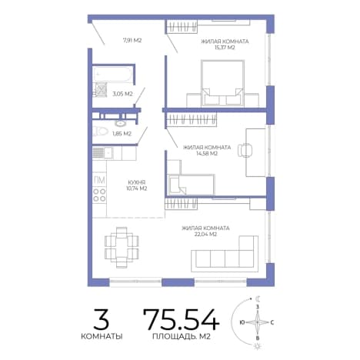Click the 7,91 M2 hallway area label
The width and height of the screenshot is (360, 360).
click(x=132, y=40)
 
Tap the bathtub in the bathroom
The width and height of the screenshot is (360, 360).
click(x=113, y=75)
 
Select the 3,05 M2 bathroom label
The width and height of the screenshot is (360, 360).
click(x=123, y=94)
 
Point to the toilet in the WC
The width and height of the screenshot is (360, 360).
click(x=100, y=132)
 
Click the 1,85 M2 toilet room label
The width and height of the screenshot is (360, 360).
click(x=122, y=134)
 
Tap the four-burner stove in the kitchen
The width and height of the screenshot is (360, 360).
click(x=99, y=195)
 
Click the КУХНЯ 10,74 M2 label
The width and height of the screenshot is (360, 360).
click(x=137, y=185)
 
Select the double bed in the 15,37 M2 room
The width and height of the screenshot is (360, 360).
click(x=222, y=83)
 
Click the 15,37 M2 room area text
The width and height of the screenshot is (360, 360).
click(x=225, y=48)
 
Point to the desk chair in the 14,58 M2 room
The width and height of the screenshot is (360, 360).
click(x=245, y=149)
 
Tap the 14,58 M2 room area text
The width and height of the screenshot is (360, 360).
click(x=207, y=154)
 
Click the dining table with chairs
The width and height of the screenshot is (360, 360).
click(x=122, y=247)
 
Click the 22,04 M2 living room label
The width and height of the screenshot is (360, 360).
click(x=206, y=234)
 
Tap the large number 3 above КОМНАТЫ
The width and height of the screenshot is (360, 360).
click(x=102, y=318)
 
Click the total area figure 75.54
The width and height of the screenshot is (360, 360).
click(x=181, y=318)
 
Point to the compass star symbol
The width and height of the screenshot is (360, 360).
click(x=258, y=322)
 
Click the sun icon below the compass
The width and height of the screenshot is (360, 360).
click(x=257, y=347)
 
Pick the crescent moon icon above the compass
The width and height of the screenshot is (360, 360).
click(x=258, y=298)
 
